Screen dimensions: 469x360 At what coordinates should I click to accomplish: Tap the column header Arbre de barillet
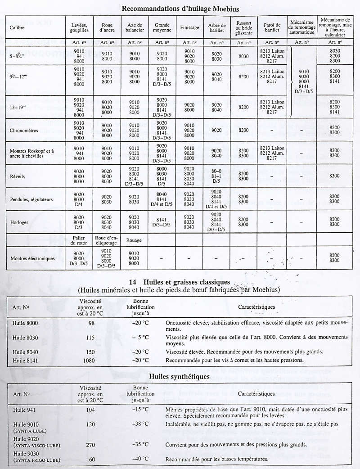pyautogui.click(x=217, y=27)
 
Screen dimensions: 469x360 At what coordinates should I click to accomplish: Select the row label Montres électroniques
pyautogui.click(x=33, y=258)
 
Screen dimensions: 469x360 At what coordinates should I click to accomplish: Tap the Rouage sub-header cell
pyautogui.click(x=134, y=240)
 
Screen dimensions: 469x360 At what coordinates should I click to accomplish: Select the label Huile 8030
pyautogui.click(x=25, y=337)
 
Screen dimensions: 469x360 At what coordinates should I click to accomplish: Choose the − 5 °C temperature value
pyautogui.click(x=140, y=337)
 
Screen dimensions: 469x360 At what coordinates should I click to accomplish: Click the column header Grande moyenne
pyautogui.click(x=162, y=27)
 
